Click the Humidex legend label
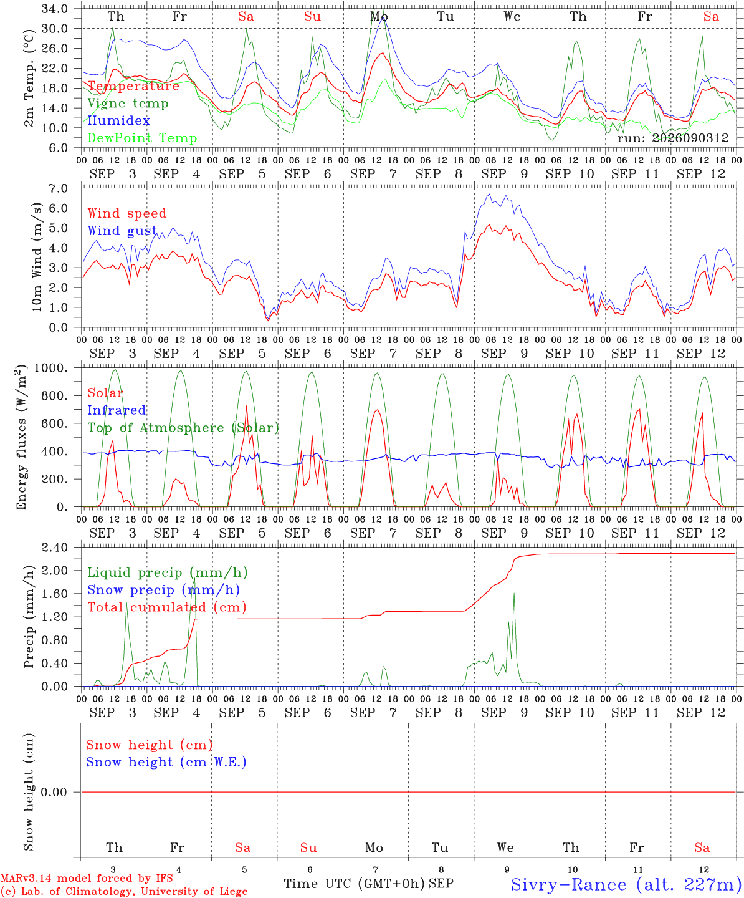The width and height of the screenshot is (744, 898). pos(118,120)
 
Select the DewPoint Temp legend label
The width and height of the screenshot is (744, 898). pos(142,138)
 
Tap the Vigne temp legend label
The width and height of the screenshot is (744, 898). pos(128,104)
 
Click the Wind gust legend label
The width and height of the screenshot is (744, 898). pos(122,231)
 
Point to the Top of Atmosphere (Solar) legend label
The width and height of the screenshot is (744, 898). pos(184,428)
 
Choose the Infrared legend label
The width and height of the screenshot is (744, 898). pos(117,410)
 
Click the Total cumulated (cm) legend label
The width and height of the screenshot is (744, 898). pos(167,607)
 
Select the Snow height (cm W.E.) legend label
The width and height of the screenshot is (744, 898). pos(166,761)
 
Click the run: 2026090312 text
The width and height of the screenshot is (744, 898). pos(672,138)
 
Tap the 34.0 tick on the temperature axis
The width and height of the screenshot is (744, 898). pos(54,9)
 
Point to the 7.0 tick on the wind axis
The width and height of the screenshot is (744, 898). pos(58,188)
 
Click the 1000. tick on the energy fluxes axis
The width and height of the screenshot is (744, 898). pos(50,368)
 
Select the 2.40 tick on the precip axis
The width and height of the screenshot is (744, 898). pos(54,548)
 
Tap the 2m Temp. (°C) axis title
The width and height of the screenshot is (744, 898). pos(29,78)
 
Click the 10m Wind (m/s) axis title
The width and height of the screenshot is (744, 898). pos(36,257)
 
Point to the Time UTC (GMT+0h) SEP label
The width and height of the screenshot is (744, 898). pos(369,884)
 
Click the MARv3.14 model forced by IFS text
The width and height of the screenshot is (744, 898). pos(87,878)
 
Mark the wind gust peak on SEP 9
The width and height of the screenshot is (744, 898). pos(489,195)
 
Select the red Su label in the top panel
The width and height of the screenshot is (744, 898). pos(312,16)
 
